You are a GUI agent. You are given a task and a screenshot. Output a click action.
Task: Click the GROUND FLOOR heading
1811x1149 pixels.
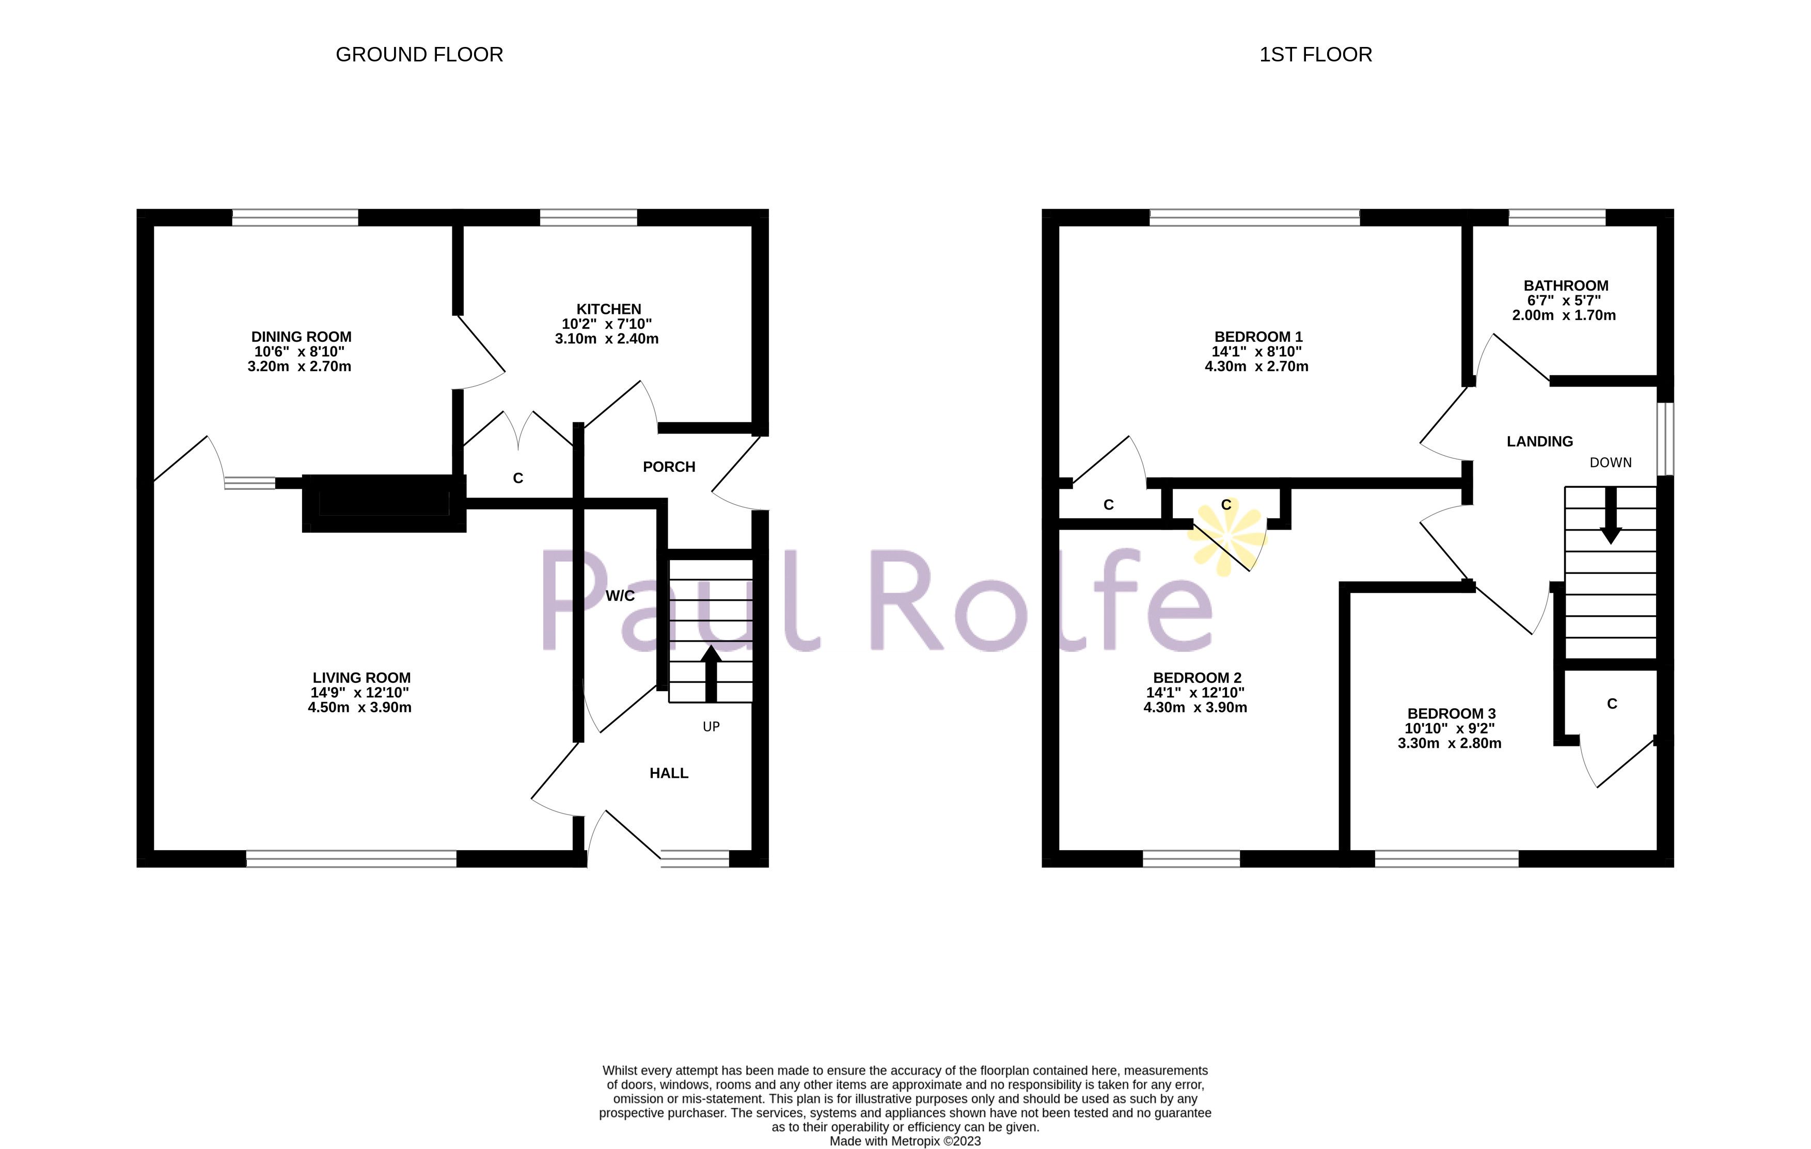pos(419,55)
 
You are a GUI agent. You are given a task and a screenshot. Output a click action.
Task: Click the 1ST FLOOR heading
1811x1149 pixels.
pos(1315,55)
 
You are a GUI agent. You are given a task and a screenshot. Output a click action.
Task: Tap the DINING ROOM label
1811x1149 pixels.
pos(301,337)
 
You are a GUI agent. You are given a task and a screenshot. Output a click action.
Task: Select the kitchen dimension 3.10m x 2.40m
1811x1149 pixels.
pos(606,339)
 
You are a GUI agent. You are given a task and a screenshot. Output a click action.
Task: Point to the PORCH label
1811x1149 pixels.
pos(669,467)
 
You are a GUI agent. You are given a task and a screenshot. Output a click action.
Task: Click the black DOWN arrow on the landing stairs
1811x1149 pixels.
pos(1610,516)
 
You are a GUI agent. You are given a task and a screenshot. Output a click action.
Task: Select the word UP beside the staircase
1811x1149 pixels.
pos(711,726)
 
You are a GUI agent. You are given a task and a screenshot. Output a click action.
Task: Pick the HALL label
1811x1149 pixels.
pos(669,773)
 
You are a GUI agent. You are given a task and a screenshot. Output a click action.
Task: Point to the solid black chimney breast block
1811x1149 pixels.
pos(384,502)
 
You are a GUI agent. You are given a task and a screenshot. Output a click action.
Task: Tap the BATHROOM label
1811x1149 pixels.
pos(1566,286)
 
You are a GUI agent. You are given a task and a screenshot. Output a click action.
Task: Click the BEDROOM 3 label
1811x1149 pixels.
pos(1451,714)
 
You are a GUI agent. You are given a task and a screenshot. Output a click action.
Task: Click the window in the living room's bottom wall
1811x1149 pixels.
pos(351,859)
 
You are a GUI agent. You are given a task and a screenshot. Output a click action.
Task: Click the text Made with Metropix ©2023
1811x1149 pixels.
pos(905,1141)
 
